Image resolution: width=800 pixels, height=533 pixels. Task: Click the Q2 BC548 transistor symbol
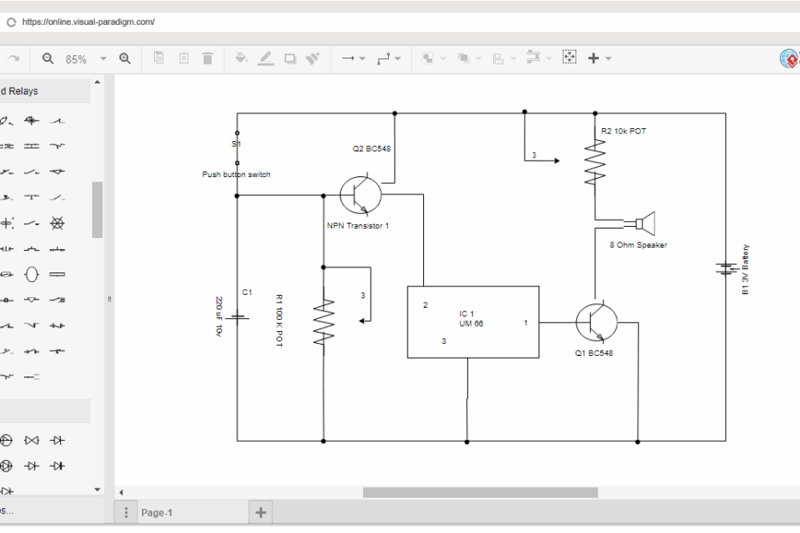pyautogui.click(x=360, y=195)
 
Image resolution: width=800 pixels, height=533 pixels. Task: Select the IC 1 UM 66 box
pyautogui.click(x=472, y=322)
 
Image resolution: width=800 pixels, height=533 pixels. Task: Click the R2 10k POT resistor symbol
pyautogui.click(x=594, y=163)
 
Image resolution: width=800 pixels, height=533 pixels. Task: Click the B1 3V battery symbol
pyautogui.click(x=725, y=269)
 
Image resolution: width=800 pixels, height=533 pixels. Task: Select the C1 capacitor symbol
pyautogui.click(x=237, y=316)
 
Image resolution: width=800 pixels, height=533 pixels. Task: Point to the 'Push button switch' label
pyautogui.click(x=236, y=175)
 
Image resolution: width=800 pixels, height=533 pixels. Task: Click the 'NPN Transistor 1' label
pyautogui.click(x=358, y=226)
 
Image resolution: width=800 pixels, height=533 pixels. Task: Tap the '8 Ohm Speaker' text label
pyautogui.click(x=638, y=245)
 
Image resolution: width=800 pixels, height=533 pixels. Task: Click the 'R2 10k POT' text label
pyautogui.click(x=624, y=131)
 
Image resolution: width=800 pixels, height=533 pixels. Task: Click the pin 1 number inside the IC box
pyautogui.click(x=526, y=323)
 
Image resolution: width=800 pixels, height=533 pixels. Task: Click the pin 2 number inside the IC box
pyautogui.click(x=425, y=305)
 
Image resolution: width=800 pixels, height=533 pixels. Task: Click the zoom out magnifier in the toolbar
pyautogui.click(x=48, y=58)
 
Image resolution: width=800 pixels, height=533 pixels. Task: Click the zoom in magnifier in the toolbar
pyautogui.click(x=125, y=58)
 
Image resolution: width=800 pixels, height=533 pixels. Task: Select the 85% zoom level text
pyautogui.click(x=77, y=59)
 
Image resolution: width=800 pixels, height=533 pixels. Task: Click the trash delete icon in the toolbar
pyautogui.click(x=207, y=58)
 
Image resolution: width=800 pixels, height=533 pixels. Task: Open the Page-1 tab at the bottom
pyautogui.click(x=157, y=512)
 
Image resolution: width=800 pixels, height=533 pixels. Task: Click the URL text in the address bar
pyautogui.click(x=89, y=21)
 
